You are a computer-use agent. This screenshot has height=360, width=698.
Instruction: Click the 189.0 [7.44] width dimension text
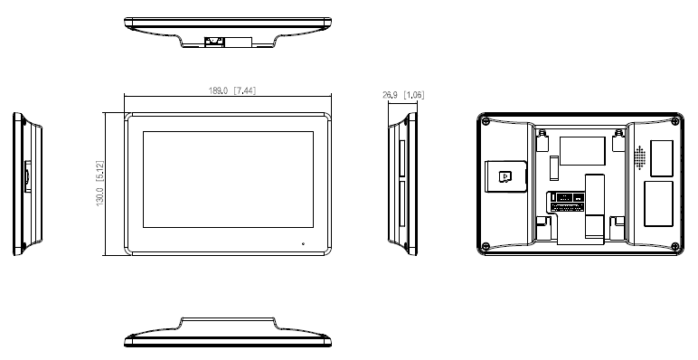coord(230,90)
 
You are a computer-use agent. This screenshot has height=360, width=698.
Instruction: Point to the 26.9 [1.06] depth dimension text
coord(403,94)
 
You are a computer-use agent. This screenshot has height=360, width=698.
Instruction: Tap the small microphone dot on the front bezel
coord(302,244)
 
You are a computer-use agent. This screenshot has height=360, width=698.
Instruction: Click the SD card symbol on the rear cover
coord(505,175)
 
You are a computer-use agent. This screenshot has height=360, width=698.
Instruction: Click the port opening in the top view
coord(215,41)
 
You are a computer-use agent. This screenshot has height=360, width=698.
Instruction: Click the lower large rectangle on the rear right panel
coord(657,204)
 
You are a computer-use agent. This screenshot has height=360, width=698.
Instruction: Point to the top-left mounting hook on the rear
coord(541,140)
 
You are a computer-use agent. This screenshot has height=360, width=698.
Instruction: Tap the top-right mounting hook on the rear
coord(618,140)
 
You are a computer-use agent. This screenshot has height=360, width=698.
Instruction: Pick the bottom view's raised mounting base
coord(229,324)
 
